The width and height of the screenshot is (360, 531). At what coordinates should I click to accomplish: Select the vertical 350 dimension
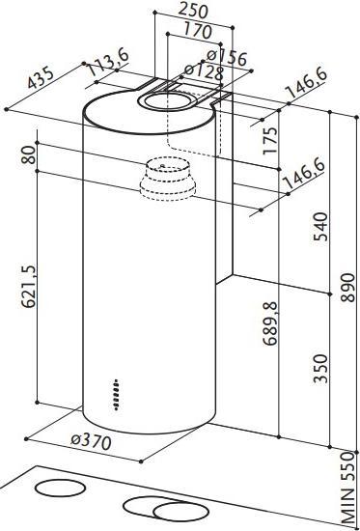[x=322, y=368]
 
